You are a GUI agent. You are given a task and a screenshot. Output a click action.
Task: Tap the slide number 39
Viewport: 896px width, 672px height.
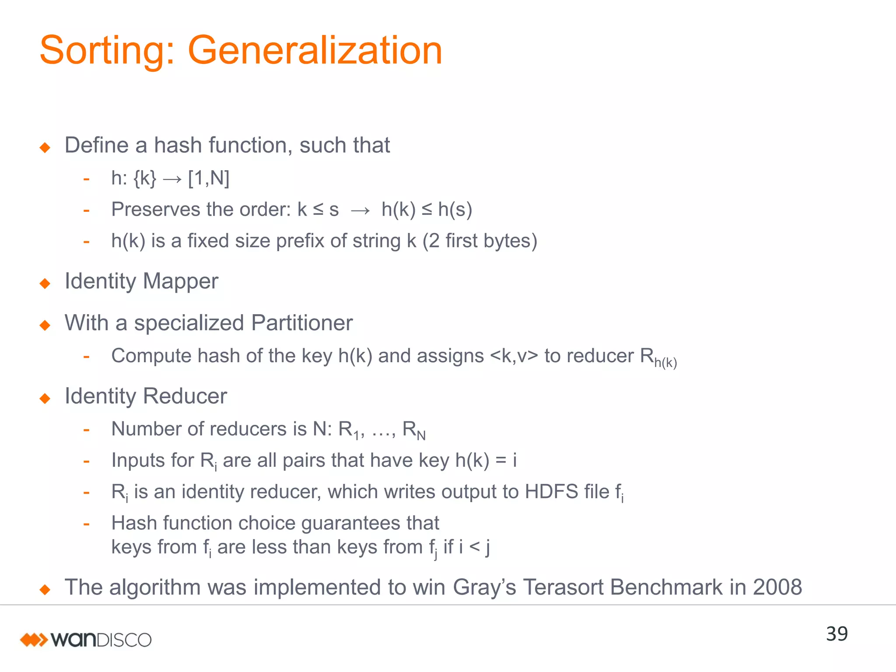836,634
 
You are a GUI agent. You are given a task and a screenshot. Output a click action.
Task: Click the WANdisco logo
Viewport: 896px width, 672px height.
86,640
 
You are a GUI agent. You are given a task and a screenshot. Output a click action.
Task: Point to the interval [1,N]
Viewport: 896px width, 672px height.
209,178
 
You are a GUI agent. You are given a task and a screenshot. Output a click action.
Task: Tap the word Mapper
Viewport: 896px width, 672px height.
180,281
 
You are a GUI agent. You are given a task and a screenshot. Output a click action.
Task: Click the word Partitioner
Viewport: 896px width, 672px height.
302,323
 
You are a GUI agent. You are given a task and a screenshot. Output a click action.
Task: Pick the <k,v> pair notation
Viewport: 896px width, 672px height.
514,356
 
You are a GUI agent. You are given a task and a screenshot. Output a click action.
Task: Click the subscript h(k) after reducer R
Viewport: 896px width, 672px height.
665,363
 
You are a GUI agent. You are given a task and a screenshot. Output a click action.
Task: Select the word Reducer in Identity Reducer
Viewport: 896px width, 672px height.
185,396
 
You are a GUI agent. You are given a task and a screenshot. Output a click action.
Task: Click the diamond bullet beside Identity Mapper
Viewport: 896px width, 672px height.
45,283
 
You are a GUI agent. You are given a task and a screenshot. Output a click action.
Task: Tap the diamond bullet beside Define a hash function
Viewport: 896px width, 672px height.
45,147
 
